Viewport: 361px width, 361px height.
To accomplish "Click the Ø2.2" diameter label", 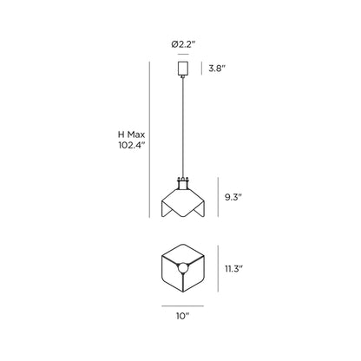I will (x=183, y=43).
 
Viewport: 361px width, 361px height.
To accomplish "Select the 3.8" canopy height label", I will (x=220, y=68).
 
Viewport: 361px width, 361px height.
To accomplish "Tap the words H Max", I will (x=132, y=135).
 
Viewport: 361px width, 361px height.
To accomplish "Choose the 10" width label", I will (x=182, y=318).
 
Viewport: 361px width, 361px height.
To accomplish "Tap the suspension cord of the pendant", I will (x=182, y=130).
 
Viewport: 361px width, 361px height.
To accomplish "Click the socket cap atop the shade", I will (x=182, y=183).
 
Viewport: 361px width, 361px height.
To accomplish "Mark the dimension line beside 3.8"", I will (x=202, y=68).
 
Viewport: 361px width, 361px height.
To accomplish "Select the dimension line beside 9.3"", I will (x=215, y=199).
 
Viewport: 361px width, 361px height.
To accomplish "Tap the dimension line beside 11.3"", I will (x=215, y=269).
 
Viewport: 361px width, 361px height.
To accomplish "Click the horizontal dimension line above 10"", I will (x=182, y=305).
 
